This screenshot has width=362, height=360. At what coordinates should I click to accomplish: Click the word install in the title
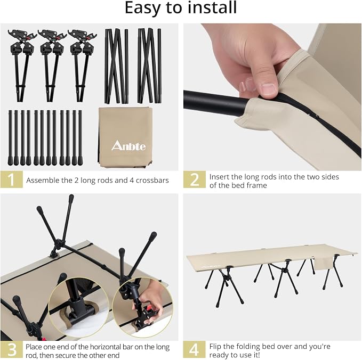click(213, 7)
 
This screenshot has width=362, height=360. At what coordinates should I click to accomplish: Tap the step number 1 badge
click(12, 179)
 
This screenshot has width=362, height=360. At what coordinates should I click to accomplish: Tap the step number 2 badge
click(195, 179)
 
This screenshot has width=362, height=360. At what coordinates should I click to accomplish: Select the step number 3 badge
click(12, 349)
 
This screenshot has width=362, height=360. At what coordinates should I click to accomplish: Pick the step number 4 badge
click(194, 349)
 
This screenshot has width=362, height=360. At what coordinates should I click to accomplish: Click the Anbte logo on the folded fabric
click(128, 146)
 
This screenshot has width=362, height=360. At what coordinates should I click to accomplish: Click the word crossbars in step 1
click(152, 180)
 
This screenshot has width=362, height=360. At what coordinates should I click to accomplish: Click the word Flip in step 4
click(215, 347)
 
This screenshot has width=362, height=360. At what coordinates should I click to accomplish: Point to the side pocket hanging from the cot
click(324, 264)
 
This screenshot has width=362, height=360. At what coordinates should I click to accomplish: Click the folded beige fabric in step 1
click(125, 137)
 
